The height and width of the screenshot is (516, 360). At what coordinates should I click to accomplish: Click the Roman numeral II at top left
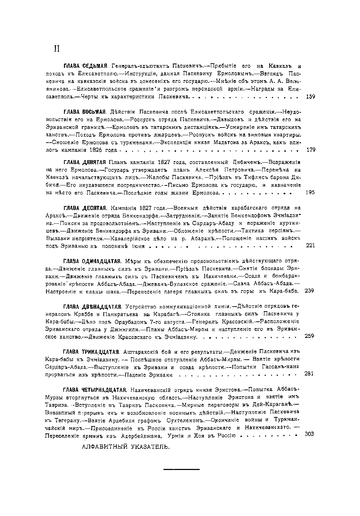pos(56,49)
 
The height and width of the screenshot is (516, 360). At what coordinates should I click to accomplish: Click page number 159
pos(310,97)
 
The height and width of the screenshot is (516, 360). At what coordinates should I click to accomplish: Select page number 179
pos(311,150)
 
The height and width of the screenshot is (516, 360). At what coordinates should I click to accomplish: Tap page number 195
pos(310,193)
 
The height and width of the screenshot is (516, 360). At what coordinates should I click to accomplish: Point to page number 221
pos(310,246)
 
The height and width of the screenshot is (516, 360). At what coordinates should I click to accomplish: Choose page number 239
pos(310,291)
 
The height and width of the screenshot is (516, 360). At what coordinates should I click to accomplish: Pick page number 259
pos(310,336)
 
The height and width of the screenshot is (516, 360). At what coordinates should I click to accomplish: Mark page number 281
pos(308,374)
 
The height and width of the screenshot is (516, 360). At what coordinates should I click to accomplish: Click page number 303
pos(309,434)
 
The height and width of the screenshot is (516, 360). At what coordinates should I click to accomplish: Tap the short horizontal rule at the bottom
pos(181,469)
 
